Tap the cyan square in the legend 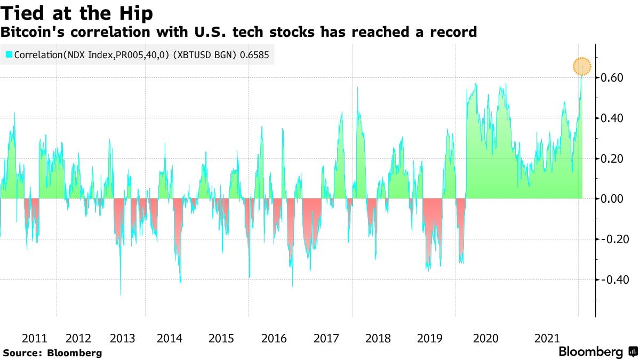(9, 54)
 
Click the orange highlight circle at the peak (582, 67)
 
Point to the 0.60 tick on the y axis (613, 78)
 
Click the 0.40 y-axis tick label (613, 118)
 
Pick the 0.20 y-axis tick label (613, 158)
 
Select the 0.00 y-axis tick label (613, 198)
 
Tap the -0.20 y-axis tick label (611, 239)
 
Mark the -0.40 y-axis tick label (611, 279)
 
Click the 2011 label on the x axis (35, 338)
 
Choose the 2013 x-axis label (122, 338)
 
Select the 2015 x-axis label (221, 338)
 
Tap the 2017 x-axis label (326, 338)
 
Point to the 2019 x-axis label (429, 338)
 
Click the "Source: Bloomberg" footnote (52, 353)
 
